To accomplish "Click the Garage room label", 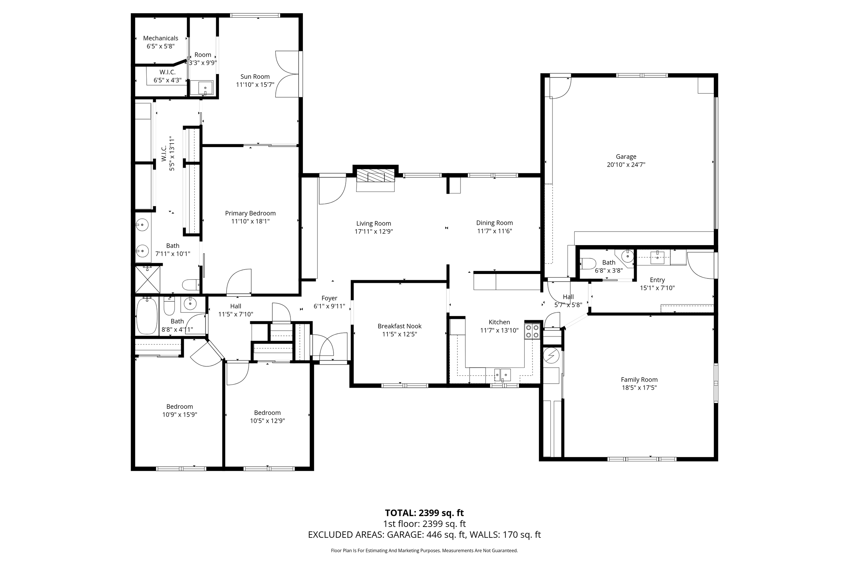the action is (626, 157).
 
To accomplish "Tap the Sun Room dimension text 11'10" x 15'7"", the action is (255, 85).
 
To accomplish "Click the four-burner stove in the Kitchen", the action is (532, 331).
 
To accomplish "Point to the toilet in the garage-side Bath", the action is (588, 263).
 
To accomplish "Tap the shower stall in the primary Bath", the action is (148, 280).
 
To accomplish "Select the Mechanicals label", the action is (161, 38).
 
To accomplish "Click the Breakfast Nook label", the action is (400, 326).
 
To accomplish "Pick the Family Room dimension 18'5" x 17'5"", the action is (639, 388).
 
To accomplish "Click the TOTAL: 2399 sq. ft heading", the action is (424, 513).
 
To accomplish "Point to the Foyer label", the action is (329, 298).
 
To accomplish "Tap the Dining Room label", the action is (494, 223).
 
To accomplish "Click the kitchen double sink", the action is (503, 375).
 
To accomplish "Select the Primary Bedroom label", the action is (251, 213).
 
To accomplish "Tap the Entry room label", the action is (657, 280).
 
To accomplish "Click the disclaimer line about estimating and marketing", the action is (424, 551).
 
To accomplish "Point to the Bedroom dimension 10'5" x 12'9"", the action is (268, 421).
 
